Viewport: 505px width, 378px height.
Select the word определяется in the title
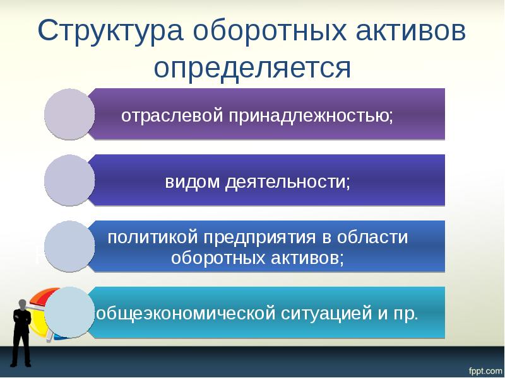(x=252, y=68)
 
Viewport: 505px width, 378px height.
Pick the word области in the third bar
(x=372, y=238)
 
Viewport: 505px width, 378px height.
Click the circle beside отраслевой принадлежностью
(x=69, y=114)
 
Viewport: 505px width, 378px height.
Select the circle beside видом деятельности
(x=69, y=180)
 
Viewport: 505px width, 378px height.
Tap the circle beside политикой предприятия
(x=69, y=246)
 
